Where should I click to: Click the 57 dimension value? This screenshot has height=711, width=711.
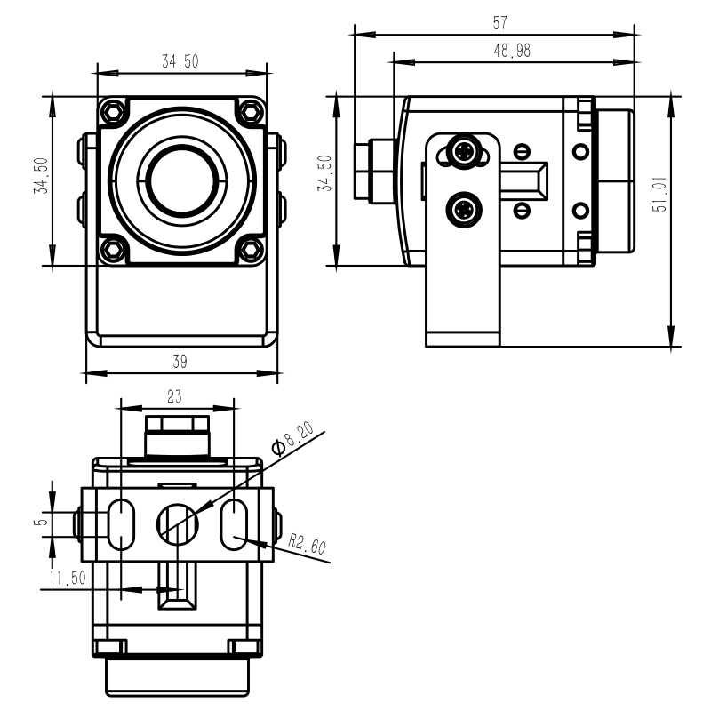500,23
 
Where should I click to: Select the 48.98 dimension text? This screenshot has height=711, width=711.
512,51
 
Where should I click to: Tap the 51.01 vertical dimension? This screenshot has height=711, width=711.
659,194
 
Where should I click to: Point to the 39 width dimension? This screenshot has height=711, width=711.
180,362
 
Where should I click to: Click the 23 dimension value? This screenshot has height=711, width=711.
174,396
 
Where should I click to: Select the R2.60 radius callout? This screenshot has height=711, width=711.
308,544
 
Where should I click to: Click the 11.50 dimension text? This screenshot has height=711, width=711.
68,579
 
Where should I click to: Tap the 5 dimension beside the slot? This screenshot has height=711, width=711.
41,522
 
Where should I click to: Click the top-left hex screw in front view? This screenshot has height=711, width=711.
113,111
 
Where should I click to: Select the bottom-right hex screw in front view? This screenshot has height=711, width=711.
252,250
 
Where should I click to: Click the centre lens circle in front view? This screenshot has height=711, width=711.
182,181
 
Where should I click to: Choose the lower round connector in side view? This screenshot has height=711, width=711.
463,210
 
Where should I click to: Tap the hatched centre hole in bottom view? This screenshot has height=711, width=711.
178,524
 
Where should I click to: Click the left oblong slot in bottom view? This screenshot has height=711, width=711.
121,524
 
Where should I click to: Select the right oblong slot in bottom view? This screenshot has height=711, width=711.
234,524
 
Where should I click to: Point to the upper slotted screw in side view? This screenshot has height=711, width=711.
522,151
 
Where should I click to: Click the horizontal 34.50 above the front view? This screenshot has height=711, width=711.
180,61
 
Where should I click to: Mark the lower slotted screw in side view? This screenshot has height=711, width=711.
522,210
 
